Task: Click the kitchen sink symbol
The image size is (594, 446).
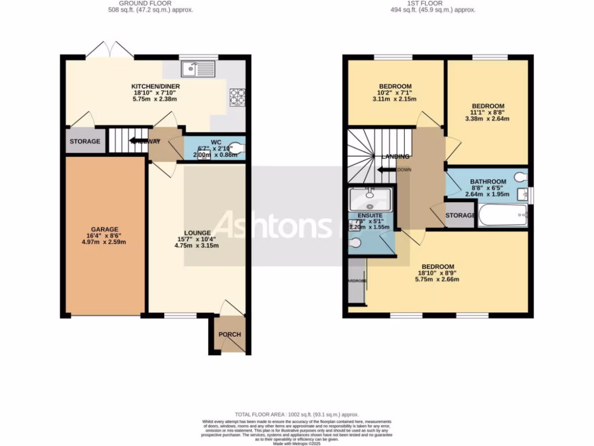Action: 198,70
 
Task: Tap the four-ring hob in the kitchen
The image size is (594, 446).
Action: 238,96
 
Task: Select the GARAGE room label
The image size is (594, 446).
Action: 104,229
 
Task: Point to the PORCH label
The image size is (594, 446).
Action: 230,334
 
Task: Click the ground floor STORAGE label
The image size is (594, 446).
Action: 85,142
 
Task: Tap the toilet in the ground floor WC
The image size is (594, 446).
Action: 237,148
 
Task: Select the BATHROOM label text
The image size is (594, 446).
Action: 488,182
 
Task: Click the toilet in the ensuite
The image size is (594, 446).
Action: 356,243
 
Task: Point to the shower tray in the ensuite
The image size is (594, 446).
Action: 370,200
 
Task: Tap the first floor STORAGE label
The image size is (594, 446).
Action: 461,216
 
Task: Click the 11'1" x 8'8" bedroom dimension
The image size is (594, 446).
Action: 487,113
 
